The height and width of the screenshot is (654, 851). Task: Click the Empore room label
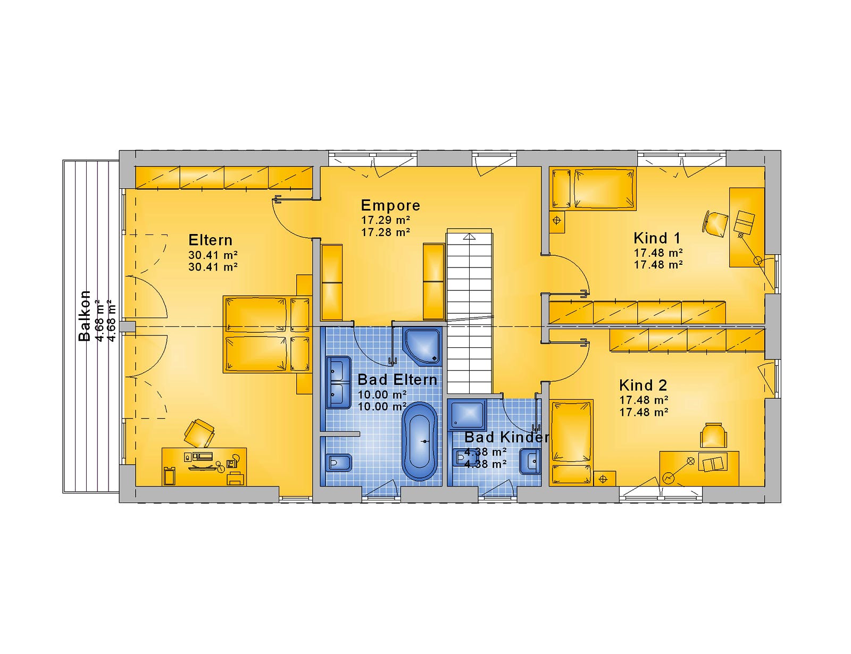[x=390, y=205]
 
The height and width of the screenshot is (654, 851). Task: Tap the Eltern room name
[x=210, y=240]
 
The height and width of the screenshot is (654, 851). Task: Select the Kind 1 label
[x=657, y=238]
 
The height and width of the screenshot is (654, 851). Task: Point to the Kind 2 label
[x=643, y=385]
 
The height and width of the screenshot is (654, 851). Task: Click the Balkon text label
[x=85, y=316]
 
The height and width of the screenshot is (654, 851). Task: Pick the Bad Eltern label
[x=397, y=380]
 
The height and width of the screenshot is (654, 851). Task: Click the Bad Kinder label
[x=506, y=437]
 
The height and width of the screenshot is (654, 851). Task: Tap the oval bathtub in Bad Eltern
[x=421, y=441]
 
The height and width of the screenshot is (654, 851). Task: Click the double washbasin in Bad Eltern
[x=339, y=382]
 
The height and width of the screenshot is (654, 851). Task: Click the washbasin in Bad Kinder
[x=530, y=462]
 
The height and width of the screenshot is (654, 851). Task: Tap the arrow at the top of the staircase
[x=470, y=237]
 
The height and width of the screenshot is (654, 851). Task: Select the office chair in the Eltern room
[x=199, y=433]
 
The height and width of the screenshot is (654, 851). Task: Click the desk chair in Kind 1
[x=716, y=223]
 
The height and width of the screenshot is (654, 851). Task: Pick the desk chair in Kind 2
[x=713, y=435]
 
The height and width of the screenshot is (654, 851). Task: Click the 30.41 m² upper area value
[x=213, y=255]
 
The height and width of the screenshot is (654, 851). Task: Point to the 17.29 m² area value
[x=386, y=220]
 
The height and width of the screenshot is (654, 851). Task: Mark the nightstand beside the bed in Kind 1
[x=556, y=222]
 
